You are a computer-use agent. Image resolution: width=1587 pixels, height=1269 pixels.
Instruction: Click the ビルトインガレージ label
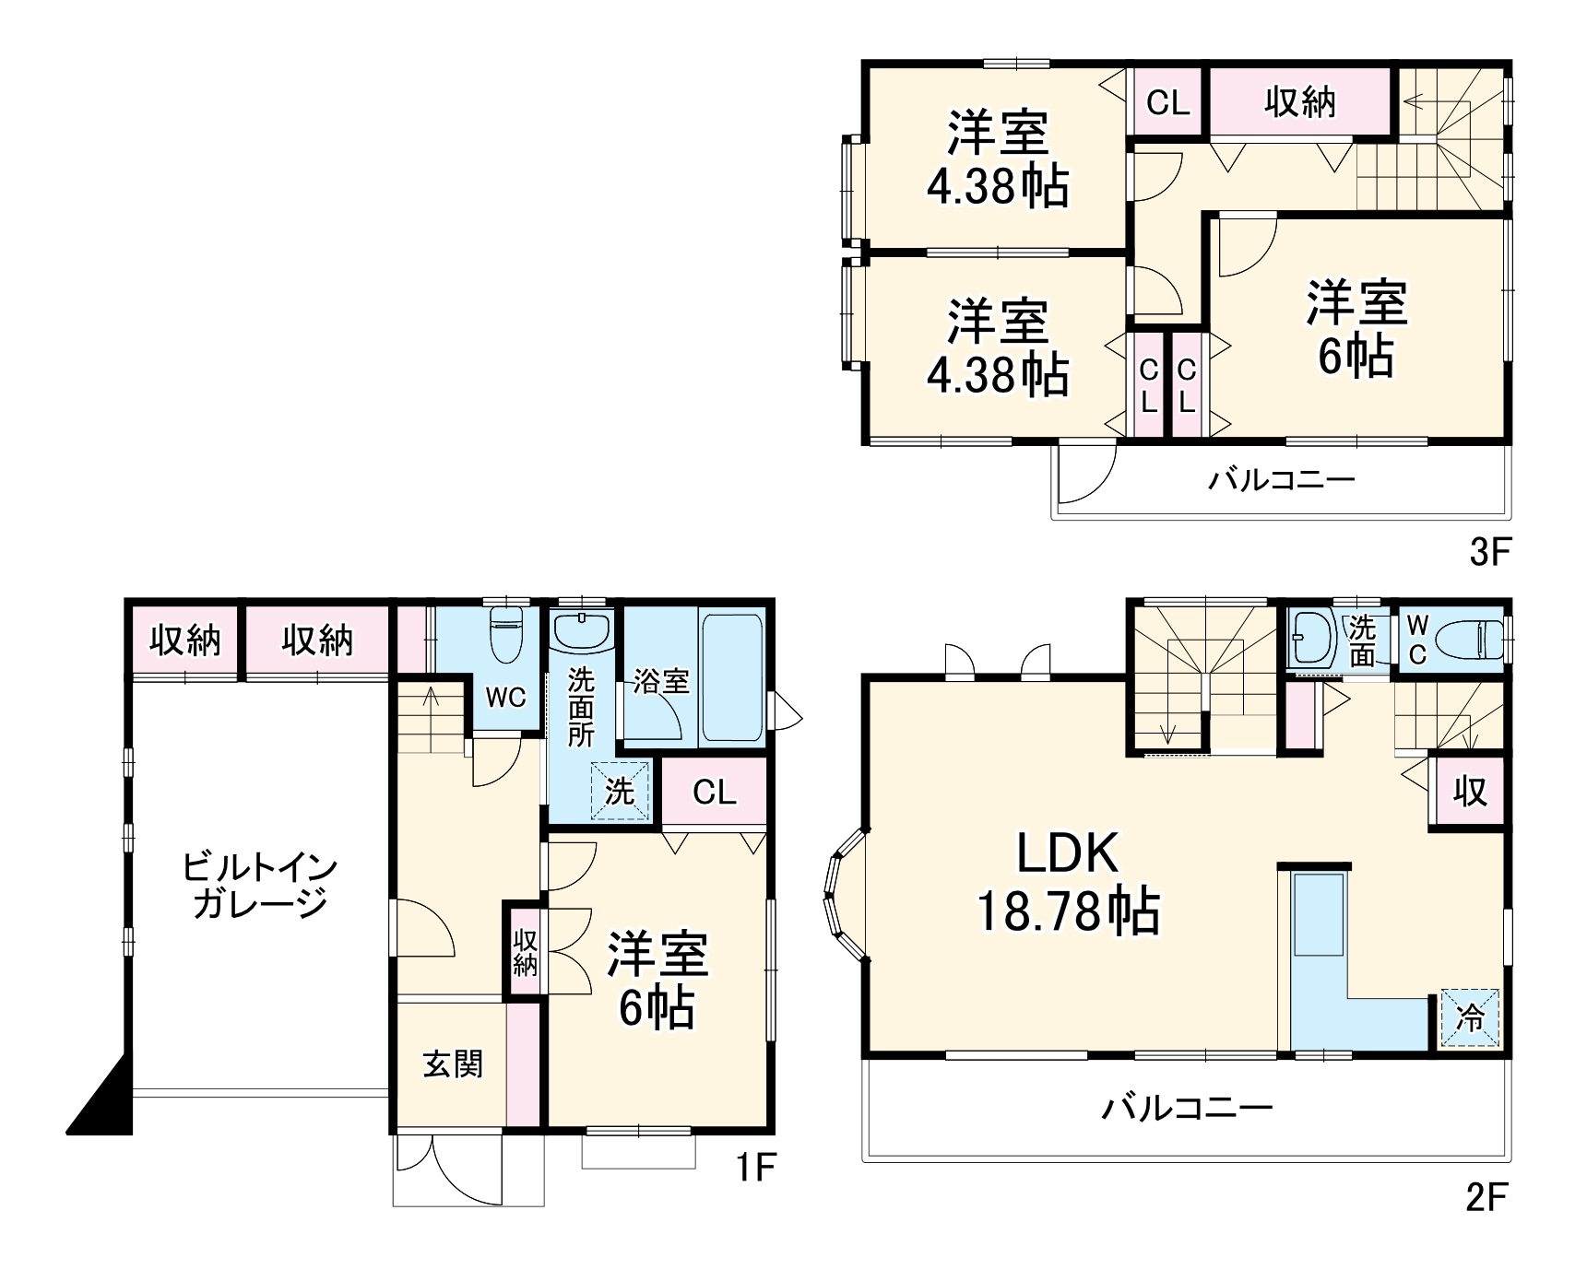coord(260,885)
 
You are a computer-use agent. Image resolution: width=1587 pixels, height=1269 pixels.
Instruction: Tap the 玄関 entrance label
coord(453,1063)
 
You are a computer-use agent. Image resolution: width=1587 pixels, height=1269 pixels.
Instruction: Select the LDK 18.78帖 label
coord(1068,882)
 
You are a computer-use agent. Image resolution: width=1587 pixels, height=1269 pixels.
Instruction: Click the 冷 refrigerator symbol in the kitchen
coord(1470,1018)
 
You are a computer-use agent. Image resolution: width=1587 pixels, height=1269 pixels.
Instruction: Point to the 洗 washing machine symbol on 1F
coord(620,792)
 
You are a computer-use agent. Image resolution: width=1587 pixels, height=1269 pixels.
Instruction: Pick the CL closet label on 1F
coord(715,792)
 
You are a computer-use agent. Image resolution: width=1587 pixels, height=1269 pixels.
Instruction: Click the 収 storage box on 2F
coord(1470,791)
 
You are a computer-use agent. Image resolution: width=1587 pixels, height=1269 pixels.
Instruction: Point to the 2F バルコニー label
coord(1187,1106)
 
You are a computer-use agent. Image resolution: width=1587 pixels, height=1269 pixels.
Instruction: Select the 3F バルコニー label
coord(1282,479)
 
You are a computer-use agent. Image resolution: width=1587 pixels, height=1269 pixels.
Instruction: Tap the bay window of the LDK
coord(844,894)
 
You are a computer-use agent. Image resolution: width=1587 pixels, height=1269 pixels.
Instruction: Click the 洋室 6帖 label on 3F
coord(1356,329)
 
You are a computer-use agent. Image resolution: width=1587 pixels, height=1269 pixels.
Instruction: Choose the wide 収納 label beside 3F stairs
coord(1299,101)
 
